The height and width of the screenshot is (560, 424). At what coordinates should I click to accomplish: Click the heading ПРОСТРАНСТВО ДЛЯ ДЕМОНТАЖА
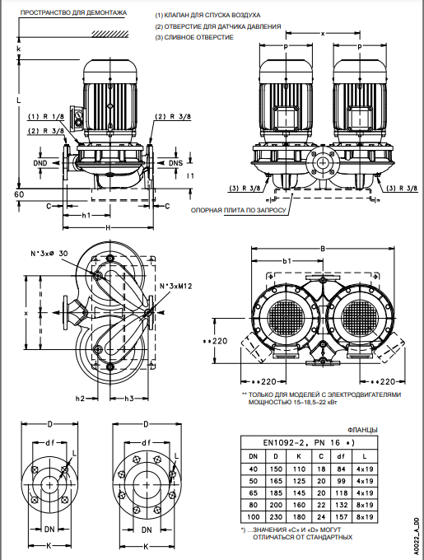(73, 13)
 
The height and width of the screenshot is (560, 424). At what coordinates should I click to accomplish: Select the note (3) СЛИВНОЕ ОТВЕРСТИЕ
(194, 37)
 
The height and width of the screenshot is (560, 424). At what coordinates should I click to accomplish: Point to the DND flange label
(40, 163)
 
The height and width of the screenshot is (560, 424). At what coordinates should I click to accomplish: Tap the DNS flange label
(175, 163)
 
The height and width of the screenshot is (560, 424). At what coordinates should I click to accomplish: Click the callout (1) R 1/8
(46, 116)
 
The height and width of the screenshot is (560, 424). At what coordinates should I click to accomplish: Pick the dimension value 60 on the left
(19, 194)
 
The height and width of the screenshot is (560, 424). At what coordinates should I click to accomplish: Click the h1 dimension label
(86, 215)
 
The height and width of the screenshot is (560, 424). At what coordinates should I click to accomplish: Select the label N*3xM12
(175, 286)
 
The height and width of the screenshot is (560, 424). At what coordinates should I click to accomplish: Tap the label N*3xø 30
(49, 253)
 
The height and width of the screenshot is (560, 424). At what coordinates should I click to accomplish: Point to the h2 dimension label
(80, 399)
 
